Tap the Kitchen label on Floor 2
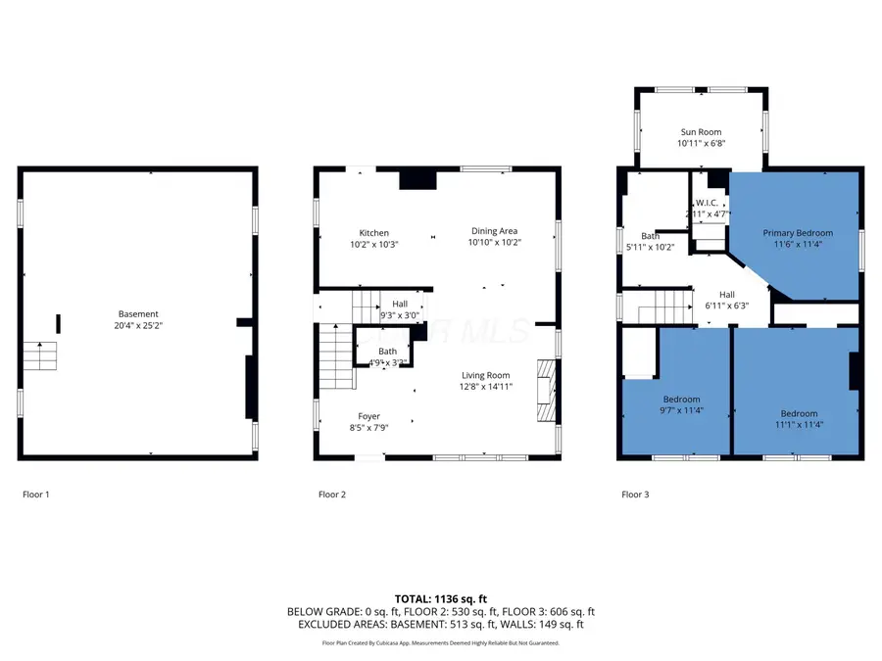tap(373, 233)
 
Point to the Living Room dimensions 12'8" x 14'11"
tap(486, 386)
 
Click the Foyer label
tap(368, 416)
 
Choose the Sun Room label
tap(701, 131)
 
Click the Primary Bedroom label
tap(798, 233)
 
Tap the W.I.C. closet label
tap(709, 203)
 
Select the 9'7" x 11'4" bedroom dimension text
tap(681, 410)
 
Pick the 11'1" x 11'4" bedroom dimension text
tap(798, 425)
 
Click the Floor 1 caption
tap(36, 495)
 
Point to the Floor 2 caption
tap(332, 495)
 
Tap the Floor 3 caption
tap(635, 495)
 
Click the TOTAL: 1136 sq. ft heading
tap(440, 598)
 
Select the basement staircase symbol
tap(41, 354)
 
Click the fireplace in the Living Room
tap(545, 389)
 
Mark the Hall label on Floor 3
tap(726, 294)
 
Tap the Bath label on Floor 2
tap(388, 352)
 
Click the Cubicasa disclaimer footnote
tap(440, 643)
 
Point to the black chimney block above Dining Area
tap(417, 179)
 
